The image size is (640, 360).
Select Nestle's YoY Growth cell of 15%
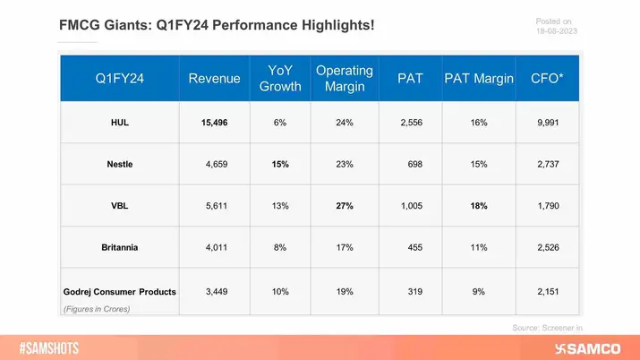(x=280, y=164)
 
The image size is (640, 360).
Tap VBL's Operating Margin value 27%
(x=344, y=205)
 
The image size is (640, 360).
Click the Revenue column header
(x=215, y=79)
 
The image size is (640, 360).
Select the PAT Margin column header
(x=479, y=79)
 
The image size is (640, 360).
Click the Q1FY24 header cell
(x=119, y=79)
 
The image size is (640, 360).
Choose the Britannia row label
(x=119, y=246)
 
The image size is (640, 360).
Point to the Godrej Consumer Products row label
(x=119, y=291)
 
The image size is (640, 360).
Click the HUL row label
(x=119, y=122)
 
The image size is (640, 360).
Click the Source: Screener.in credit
(x=545, y=329)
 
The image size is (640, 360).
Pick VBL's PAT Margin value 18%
(x=479, y=205)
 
